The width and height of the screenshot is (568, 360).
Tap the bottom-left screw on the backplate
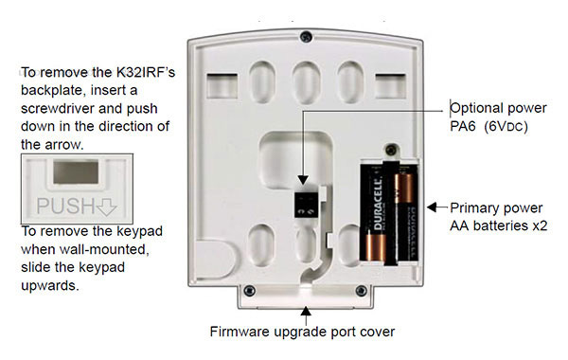coord(247,289)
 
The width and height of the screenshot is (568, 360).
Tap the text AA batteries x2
coord(499,225)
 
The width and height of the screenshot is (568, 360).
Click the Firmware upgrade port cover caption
coord(302,333)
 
